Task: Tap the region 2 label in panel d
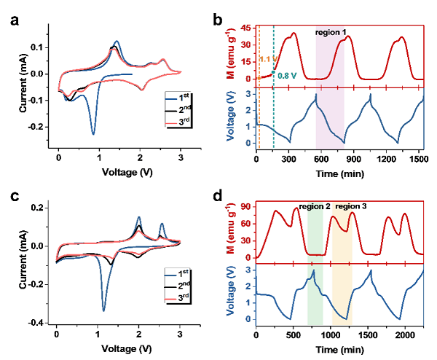pos(315,206)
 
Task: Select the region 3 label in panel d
pos(351,206)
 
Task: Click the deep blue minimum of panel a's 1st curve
pos(92,134)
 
